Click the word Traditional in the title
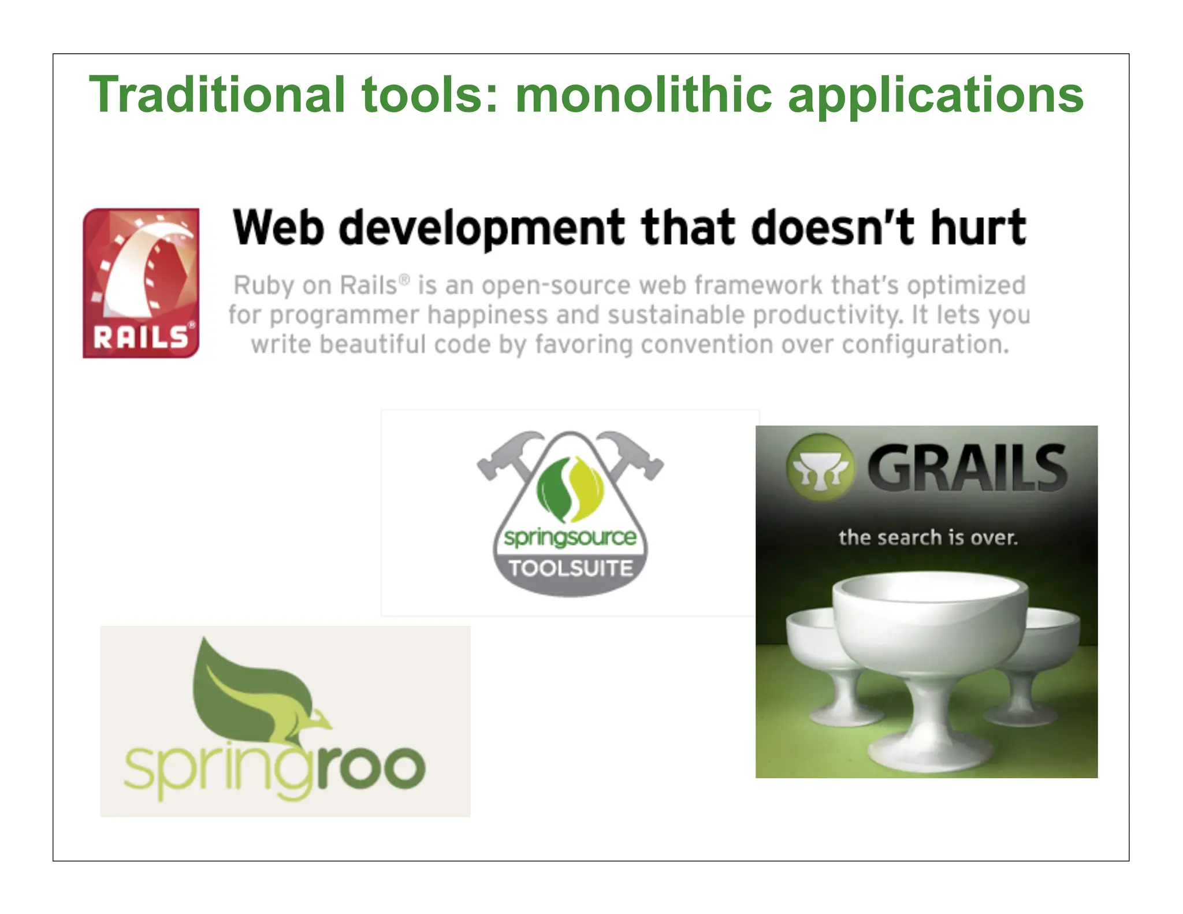217,95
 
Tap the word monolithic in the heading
643,95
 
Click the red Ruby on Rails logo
141,283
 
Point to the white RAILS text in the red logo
141,337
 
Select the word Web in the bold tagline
278,228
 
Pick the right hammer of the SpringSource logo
633,456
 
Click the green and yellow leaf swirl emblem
570,489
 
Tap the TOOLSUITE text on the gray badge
570,569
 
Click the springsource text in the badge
570,537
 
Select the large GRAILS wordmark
967,468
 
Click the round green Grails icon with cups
820,467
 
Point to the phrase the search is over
927,538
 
